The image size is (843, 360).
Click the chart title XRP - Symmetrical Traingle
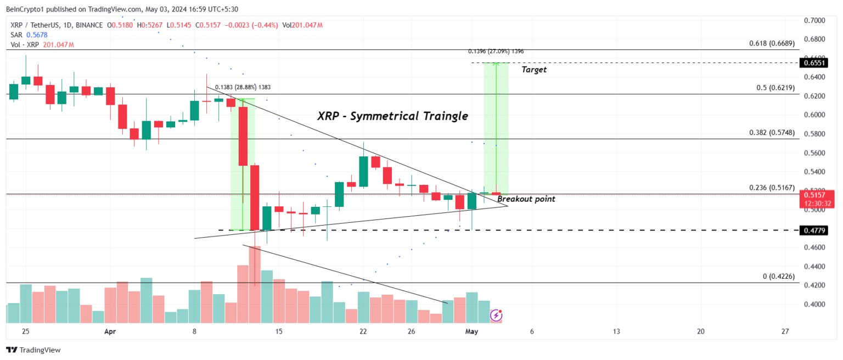point(392,116)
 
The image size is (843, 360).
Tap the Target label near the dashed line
point(533,70)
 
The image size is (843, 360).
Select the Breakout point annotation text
point(526,199)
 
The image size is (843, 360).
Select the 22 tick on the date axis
point(363,331)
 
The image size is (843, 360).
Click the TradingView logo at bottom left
point(33,350)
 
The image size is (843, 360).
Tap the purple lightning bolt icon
point(496,315)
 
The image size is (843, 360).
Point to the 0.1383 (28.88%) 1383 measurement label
point(243,87)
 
